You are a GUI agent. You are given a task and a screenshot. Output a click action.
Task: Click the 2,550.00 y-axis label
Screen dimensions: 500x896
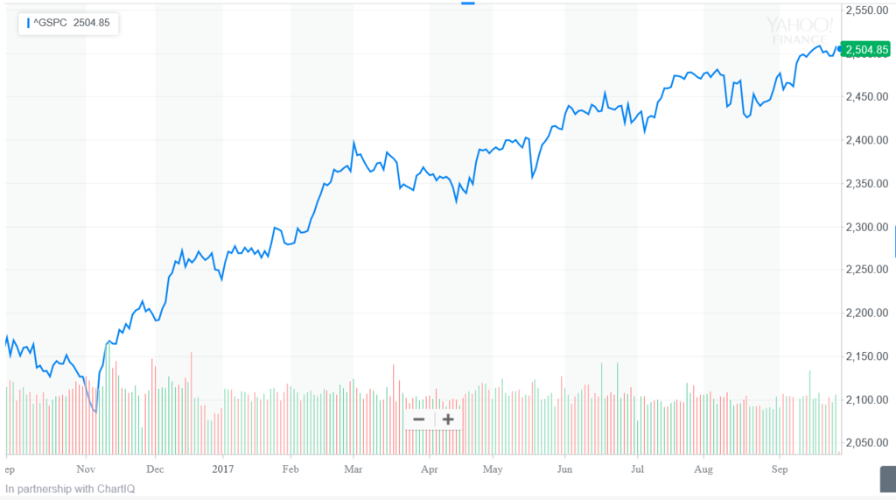[868, 11]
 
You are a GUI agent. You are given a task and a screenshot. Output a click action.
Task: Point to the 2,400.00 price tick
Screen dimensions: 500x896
[868, 140]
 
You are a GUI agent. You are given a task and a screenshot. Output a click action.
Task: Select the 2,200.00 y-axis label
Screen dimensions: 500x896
[868, 313]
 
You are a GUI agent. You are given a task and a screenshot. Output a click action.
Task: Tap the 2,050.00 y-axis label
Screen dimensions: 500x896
[868, 443]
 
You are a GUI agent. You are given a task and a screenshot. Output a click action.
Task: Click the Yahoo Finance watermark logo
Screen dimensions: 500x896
[797, 30]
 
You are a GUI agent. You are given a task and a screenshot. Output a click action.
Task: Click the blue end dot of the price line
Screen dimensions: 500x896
[839, 50]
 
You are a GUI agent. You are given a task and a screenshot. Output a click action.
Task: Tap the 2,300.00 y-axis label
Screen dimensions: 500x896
[868, 227]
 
